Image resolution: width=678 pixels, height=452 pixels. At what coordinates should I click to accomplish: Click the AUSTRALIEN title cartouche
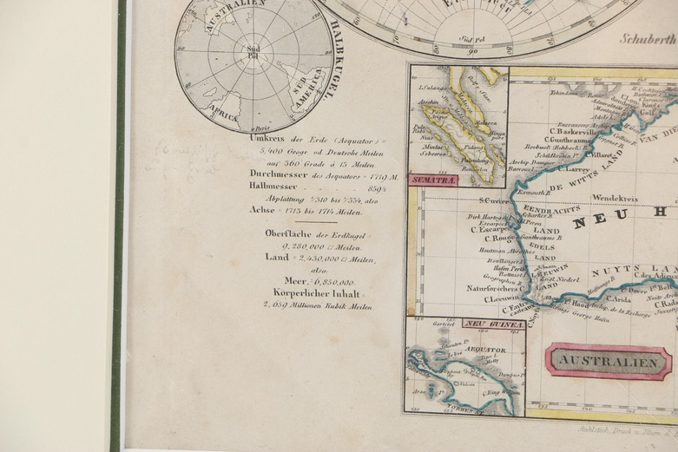(608, 361)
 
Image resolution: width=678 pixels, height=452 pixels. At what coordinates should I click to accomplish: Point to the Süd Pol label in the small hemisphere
(253, 49)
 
